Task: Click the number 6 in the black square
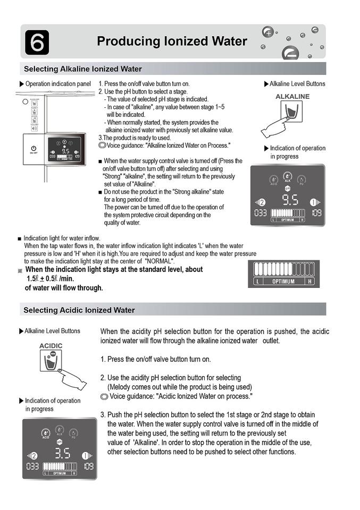click(37, 42)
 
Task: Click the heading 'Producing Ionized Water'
click(172, 41)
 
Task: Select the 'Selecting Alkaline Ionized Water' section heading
click(83, 69)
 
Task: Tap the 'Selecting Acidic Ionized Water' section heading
click(79, 310)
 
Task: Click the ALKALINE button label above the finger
click(292, 96)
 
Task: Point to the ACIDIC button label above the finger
click(51, 346)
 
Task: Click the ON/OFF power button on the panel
click(33, 148)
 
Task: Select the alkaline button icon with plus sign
click(290, 113)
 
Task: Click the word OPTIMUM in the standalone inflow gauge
click(283, 282)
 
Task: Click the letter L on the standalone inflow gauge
click(258, 282)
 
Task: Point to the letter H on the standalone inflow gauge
click(310, 282)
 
